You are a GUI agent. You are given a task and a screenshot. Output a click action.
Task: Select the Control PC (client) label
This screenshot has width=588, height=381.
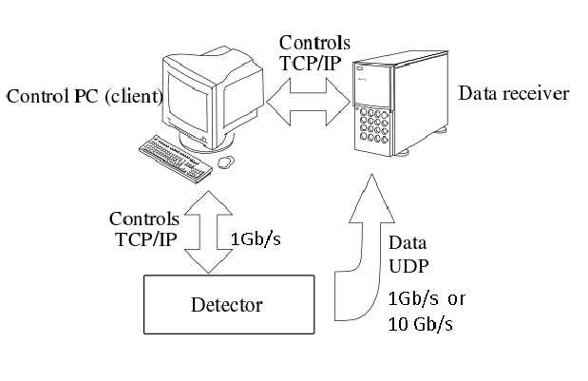coord(85,97)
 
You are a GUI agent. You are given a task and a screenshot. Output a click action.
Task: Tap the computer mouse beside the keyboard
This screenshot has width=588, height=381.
coord(226,162)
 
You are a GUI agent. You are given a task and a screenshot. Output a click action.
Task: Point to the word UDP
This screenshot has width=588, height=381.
coord(410,267)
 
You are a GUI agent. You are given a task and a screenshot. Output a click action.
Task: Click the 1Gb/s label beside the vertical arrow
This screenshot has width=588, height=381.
coord(256,239)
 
